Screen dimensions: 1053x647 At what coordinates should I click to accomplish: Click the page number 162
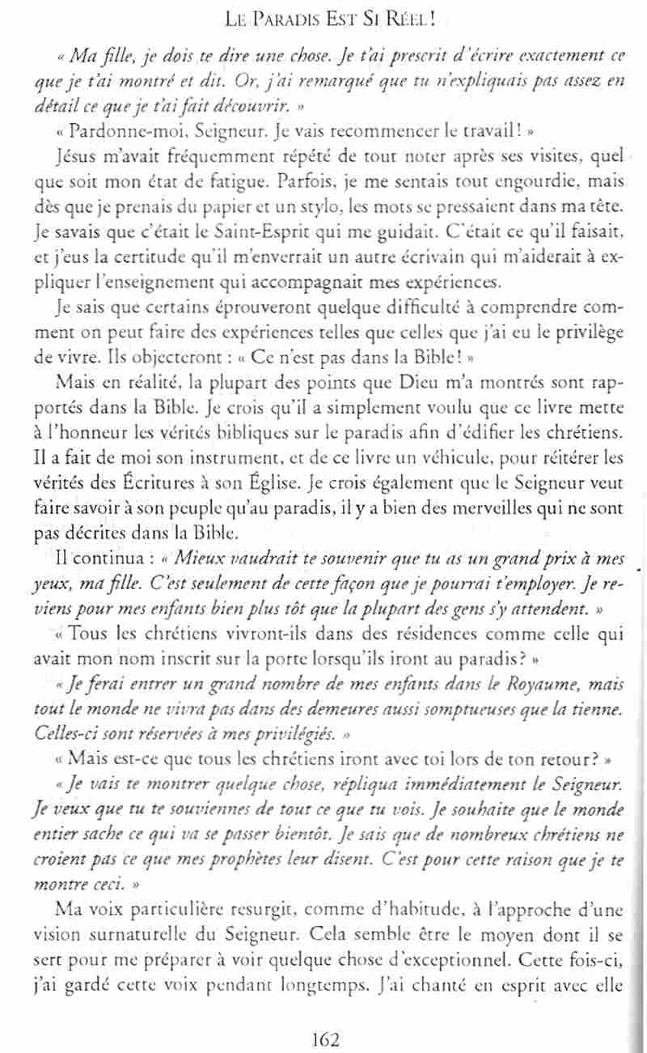323,1038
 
